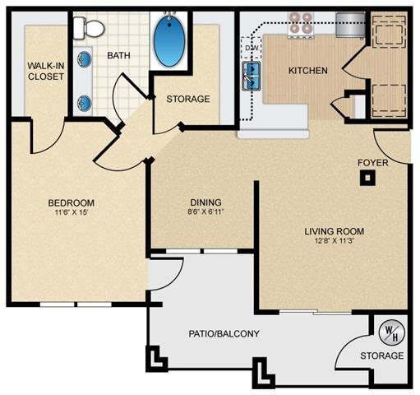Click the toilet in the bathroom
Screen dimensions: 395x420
(88, 30)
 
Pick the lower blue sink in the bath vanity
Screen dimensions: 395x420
(85, 103)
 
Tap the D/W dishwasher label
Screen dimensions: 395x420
(252, 49)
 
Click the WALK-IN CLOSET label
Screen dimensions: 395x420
(44, 72)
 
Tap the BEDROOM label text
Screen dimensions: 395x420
(71, 203)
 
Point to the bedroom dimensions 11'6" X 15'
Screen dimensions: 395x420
(71, 214)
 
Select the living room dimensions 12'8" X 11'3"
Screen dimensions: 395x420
(334, 243)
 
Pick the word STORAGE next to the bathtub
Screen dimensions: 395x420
(188, 99)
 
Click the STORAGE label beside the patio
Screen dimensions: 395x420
(382, 355)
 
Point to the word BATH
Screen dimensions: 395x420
(119, 55)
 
